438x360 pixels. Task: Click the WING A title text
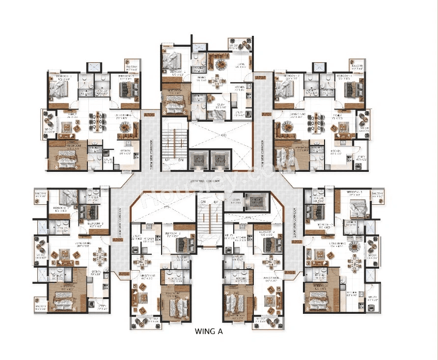209,331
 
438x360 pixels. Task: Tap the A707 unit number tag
261,78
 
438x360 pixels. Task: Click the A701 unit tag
289,273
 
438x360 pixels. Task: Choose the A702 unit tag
296,242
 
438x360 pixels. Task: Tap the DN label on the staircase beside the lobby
202,202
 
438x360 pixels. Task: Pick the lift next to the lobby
256,201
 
